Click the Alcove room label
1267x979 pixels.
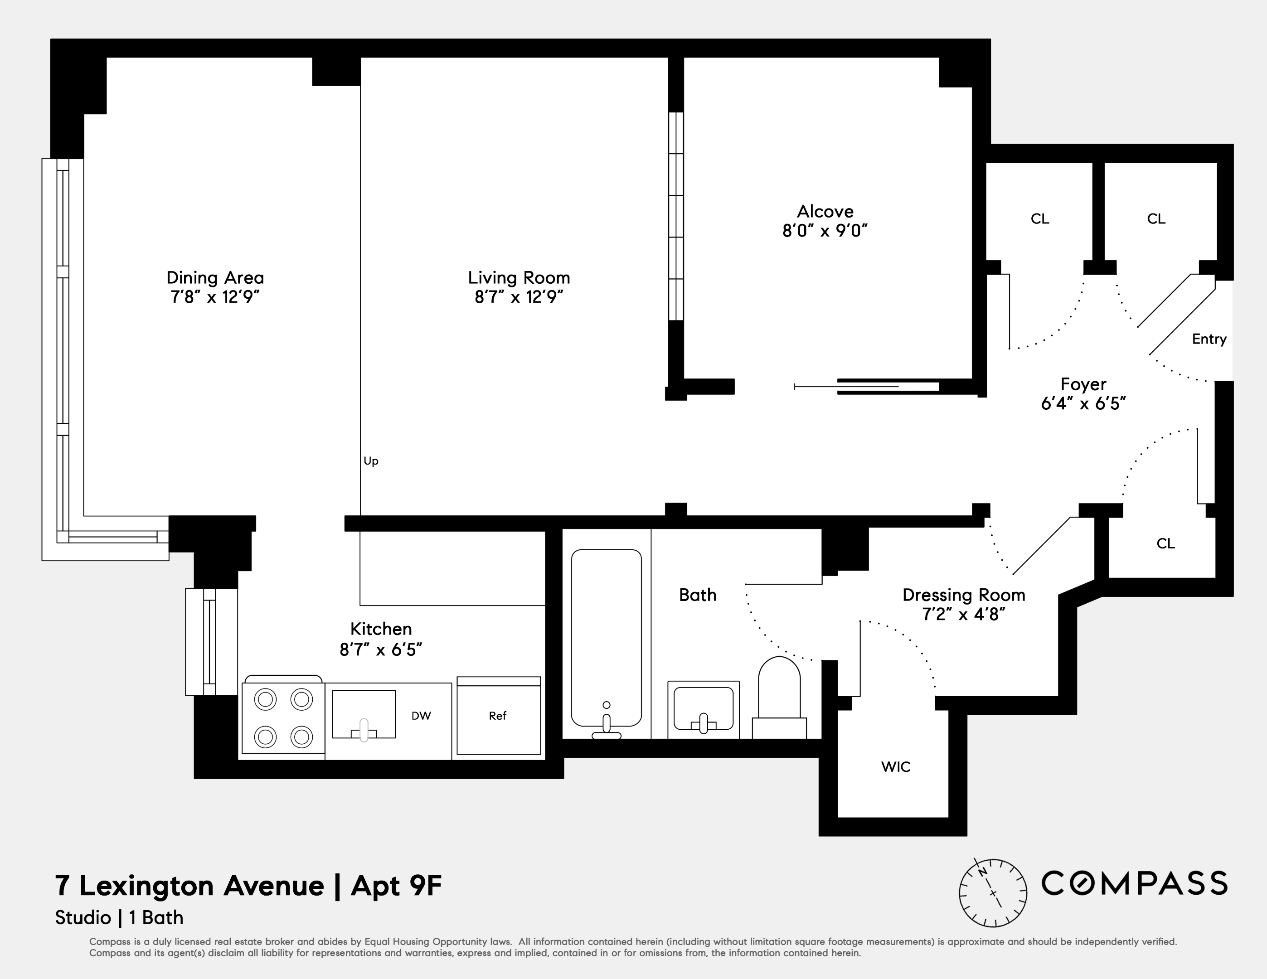pyautogui.click(x=825, y=211)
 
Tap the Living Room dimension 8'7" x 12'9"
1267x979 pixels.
pyautogui.click(x=519, y=297)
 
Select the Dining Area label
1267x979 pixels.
pyautogui.click(x=215, y=278)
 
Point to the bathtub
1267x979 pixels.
pyautogui.click(x=606, y=638)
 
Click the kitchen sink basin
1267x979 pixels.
pyautogui.click(x=364, y=713)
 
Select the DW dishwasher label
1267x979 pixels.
pyautogui.click(x=421, y=716)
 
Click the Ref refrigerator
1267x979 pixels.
pyautogui.click(x=498, y=716)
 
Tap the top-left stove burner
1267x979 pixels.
pyautogui.click(x=265, y=699)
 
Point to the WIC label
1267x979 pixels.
pyautogui.click(x=896, y=767)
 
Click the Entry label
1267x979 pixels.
pyautogui.click(x=1209, y=339)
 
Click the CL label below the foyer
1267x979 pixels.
pyautogui.click(x=1165, y=543)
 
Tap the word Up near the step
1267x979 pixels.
pyautogui.click(x=371, y=461)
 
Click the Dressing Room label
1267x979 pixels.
pyautogui.click(x=964, y=595)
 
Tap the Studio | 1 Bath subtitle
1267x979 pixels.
pyautogui.click(x=119, y=917)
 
